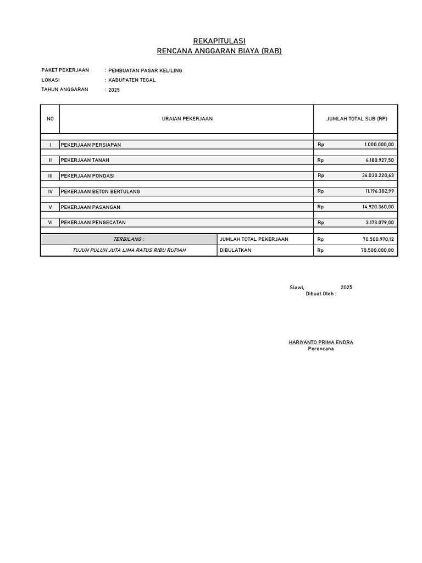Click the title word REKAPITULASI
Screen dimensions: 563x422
[x=219, y=41]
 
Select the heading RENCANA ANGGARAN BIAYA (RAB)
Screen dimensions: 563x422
[x=219, y=51]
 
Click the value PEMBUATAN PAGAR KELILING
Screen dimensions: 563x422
[x=145, y=70]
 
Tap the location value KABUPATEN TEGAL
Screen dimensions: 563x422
[x=132, y=80]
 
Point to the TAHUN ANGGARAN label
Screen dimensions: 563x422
[x=65, y=89]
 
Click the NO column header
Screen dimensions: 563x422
[x=50, y=119]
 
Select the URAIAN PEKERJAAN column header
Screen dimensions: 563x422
[x=187, y=119]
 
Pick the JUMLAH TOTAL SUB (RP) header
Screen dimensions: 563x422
[x=357, y=119]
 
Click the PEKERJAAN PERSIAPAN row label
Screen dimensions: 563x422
[x=91, y=145]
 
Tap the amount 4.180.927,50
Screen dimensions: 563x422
[x=379, y=160]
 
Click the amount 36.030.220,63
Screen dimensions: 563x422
[x=378, y=176]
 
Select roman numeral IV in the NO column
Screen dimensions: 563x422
[x=50, y=191]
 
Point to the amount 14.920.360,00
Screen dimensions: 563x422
[x=378, y=207]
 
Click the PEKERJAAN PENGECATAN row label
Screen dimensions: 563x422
[x=93, y=223]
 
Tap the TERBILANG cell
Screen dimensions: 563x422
[x=129, y=239]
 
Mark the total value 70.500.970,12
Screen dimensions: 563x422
[x=378, y=239]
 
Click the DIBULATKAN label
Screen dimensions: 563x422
[x=235, y=250]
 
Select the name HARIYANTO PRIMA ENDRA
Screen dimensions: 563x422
[x=321, y=342]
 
